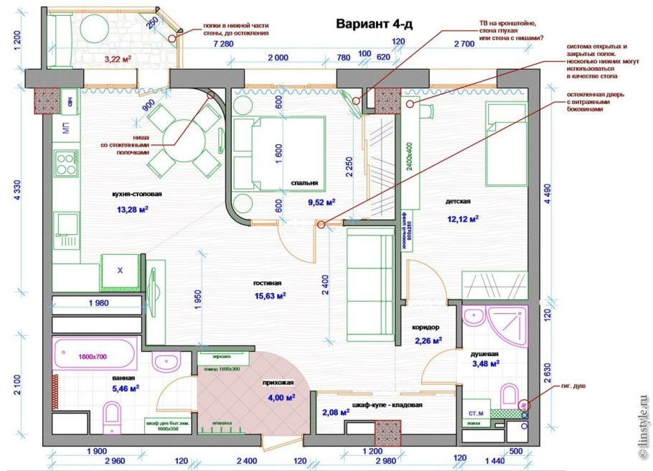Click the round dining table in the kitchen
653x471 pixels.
[183, 136]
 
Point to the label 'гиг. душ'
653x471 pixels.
[575, 386]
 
